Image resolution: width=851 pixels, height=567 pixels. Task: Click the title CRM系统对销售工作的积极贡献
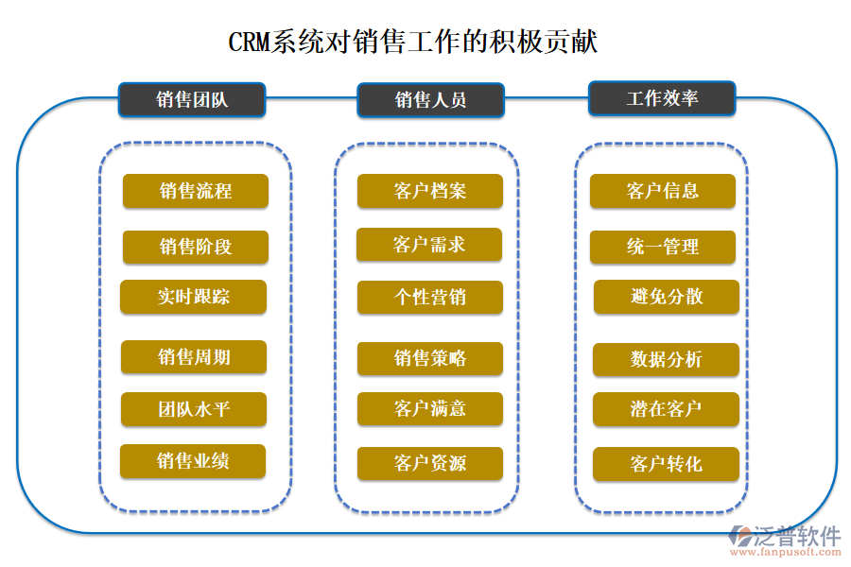(413, 43)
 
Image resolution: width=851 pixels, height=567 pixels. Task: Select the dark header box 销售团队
(192, 99)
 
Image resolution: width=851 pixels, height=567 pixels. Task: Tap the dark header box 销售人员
(430, 99)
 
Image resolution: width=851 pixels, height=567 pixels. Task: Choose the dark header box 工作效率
(662, 98)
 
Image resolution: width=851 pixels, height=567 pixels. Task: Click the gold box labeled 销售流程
(196, 191)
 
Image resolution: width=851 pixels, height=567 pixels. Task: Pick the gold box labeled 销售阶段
(196, 248)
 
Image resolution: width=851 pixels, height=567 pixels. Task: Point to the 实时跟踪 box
(194, 297)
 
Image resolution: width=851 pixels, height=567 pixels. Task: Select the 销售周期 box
(194, 357)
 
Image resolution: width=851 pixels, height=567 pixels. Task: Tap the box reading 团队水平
(194, 410)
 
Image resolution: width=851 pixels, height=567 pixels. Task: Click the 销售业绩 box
(193, 461)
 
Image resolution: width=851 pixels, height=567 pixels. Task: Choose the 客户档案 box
(430, 191)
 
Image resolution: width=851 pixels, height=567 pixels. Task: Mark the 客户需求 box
(429, 246)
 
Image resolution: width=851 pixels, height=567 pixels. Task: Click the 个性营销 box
(430, 298)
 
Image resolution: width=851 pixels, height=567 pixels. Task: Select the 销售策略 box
(430, 359)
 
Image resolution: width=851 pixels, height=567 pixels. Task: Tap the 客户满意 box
(430, 409)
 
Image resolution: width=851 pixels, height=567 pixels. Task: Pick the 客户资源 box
(430, 464)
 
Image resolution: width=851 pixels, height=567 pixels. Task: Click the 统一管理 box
(663, 248)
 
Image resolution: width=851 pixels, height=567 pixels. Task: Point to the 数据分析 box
(666, 360)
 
